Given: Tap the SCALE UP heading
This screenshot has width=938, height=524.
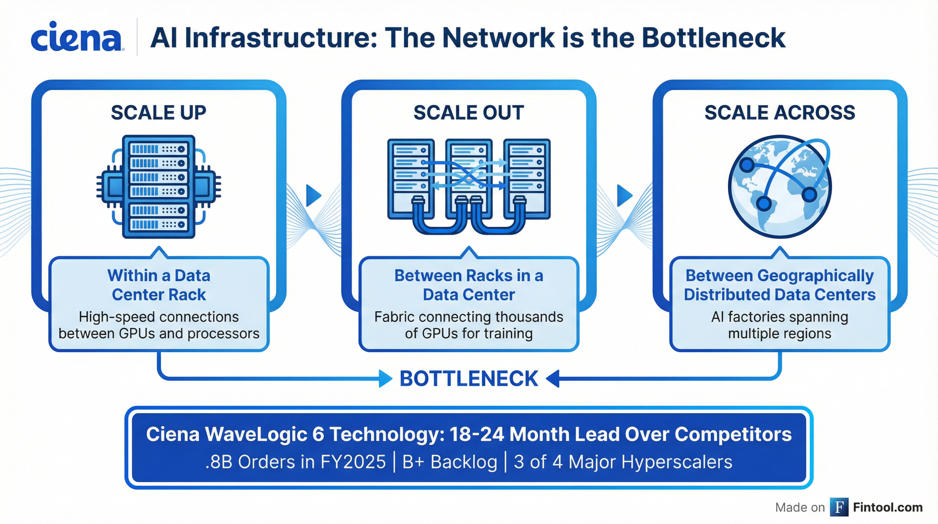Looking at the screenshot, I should [158, 113].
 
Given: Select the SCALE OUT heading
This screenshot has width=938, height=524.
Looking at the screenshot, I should [469, 113].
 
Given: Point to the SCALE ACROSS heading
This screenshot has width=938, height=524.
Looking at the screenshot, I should [780, 113].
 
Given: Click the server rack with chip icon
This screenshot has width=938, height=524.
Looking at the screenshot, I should [159, 187].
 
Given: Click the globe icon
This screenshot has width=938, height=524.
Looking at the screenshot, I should [780, 187].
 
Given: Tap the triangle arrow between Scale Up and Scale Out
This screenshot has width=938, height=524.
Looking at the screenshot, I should [313, 196].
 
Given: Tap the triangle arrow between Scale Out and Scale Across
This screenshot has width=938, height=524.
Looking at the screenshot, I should [624, 196].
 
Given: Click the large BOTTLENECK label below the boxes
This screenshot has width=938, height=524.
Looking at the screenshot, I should [469, 379].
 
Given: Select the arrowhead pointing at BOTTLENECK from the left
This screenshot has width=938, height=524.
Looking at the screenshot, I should [385, 379].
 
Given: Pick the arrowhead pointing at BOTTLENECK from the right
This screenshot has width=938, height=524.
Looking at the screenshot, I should [553, 379].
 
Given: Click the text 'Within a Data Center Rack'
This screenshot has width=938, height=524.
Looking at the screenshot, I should [159, 285].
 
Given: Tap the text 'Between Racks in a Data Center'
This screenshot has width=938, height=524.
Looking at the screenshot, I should [469, 285].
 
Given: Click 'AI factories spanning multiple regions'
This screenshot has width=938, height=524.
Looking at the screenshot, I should [780, 325].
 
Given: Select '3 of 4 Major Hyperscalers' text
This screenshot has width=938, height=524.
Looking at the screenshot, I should [623, 462].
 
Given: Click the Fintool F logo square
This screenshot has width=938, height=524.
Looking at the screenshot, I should [839, 507].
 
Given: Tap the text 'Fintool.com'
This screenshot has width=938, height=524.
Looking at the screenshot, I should [888, 507].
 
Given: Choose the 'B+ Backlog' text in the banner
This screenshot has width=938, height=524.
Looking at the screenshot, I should [450, 462].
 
